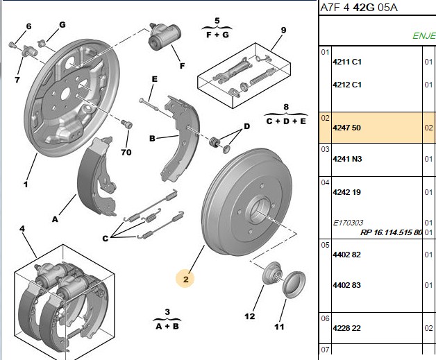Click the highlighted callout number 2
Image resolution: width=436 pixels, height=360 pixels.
coord(185,279)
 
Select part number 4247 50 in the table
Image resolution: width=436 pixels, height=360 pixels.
coord(346,128)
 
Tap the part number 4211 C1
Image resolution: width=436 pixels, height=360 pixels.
coord(347,62)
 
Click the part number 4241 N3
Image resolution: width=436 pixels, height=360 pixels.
coord(347,159)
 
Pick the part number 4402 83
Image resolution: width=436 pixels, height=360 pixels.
coord(346,285)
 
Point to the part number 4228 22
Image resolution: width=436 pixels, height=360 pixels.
coord(346,328)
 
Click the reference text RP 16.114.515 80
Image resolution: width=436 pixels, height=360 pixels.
coord(392,232)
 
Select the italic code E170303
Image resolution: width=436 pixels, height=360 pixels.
coord(348,223)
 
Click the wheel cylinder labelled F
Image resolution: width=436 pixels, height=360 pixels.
coord(165,37)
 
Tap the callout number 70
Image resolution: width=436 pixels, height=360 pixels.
coord(126,152)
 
